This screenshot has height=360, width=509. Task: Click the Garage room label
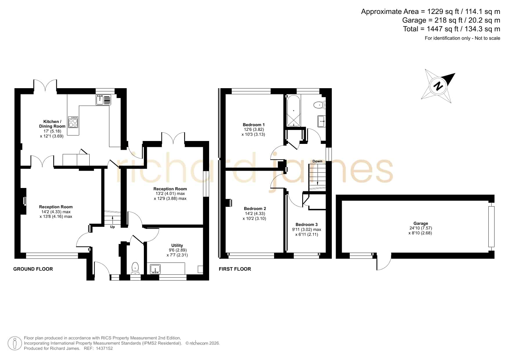point(421,223)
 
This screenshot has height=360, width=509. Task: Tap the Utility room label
point(177,245)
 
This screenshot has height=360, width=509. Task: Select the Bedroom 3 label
point(307,225)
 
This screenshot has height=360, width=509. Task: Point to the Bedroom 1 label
point(253,125)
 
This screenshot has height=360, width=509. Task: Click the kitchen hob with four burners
point(73,122)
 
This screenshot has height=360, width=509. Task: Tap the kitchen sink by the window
point(103,100)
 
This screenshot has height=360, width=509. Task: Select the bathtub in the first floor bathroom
point(294,111)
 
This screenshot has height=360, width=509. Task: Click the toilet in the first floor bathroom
point(320,105)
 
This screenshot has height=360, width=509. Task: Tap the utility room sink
point(156,269)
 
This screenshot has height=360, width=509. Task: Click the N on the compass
point(439,86)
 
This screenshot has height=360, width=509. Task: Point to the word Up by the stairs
point(112,227)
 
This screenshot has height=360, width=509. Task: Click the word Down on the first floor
point(317,161)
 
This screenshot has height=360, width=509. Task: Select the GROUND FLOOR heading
point(33,269)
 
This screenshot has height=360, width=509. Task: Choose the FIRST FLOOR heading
point(235,269)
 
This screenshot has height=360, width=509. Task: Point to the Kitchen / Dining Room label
point(52,124)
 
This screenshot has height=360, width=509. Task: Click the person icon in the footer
point(15,343)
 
